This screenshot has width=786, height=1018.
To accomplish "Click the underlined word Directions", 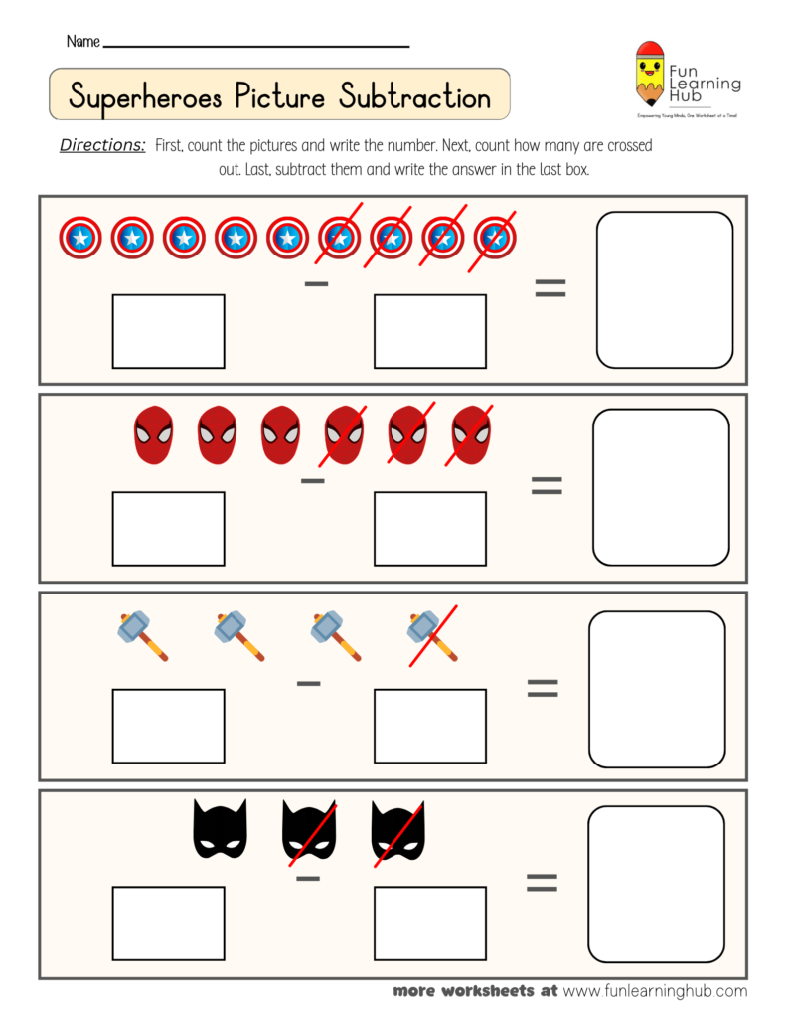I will pyautogui.click(x=102, y=145).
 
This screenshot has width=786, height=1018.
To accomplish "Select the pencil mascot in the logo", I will pyautogui.click(x=650, y=75).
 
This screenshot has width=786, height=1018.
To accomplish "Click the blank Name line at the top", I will pyautogui.click(x=256, y=44).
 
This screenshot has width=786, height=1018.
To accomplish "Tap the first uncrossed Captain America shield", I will pyautogui.click(x=80, y=238).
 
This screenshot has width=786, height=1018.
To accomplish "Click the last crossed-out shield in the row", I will pyautogui.click(x=494, y=238).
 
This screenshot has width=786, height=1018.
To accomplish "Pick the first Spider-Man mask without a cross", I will pyautogui.click(x=153, y=435).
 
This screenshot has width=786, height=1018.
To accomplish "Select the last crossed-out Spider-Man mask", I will pyautogui.click(x=471, y=435).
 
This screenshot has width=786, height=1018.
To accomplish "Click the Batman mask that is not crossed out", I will pyautogui.click(x=220, y=831).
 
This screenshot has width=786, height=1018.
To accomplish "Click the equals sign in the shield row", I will pyautogui.click(x=550, y=288).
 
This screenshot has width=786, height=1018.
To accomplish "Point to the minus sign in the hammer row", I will pyautogui.click(x=309, y=683).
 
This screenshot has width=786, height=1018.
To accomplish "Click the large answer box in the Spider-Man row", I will pyautogui.click(x=661, y=487).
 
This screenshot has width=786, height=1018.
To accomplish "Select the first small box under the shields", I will pyautogui.click(x=168, y=331).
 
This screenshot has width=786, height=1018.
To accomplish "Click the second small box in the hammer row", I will pyautogui.click(x=430, y=726).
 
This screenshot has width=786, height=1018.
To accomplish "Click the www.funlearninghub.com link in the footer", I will pyautogui.click(x=655, y=991).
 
